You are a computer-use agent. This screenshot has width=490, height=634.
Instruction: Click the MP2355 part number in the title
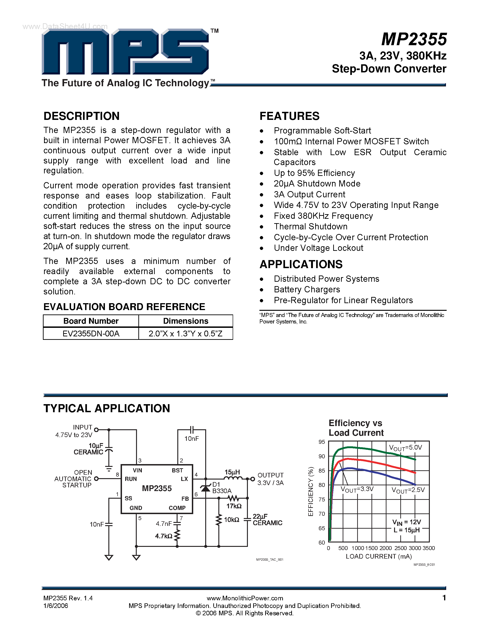(x=414, y=39)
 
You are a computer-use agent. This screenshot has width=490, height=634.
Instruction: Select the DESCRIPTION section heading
(x=82, y=116)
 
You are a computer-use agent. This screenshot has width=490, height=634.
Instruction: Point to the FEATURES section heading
(x=289, y=116)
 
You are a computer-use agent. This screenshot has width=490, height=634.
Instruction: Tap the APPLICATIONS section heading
(x=301, y=264)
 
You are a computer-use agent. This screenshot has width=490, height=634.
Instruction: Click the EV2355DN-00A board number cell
(x=91, y=334)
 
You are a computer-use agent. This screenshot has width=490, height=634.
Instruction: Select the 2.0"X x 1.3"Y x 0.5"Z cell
(x=186, y=334)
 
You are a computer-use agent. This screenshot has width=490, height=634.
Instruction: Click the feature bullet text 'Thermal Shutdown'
(x=311, y=227)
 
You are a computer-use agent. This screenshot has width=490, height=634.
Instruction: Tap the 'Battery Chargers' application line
(x=307, y=289)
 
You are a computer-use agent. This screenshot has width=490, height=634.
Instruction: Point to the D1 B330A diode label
(x=222, y=488)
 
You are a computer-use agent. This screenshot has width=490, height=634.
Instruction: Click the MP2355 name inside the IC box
(x=157, y=488)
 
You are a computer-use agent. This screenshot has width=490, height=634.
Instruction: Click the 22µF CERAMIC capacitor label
(x=267, y=520)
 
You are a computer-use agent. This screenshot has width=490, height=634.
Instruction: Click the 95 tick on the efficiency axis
(x=322, y=442)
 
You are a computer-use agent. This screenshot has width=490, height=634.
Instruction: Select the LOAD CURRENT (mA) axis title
(x=379, y=556)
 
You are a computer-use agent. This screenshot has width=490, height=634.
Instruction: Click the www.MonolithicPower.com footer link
(x=245, y=598)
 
